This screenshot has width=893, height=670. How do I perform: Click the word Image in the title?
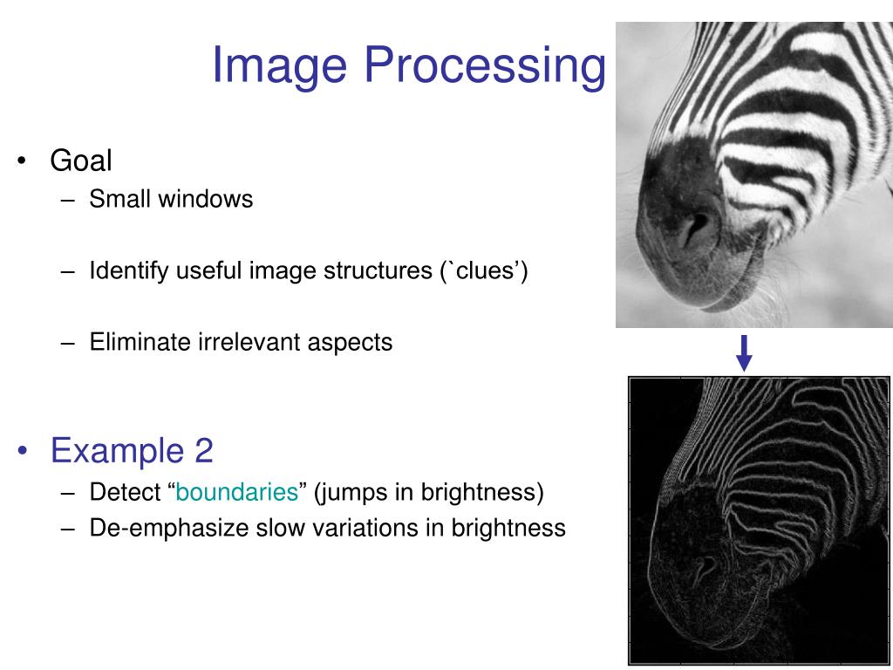click(279, 66)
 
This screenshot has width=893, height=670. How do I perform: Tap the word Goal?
click(81, 161)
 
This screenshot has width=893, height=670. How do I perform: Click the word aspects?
click(350, 343)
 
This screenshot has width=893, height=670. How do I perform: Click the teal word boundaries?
click(237, 493)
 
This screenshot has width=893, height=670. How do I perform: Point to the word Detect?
click(121, 493)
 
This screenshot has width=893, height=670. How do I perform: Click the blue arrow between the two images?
click(744, 352)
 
